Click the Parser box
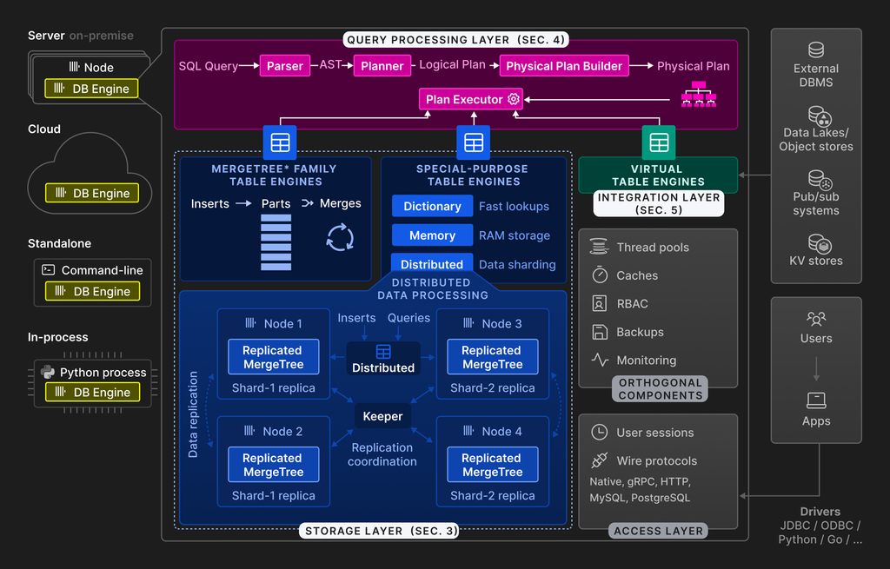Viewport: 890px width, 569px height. (x=285, y=66)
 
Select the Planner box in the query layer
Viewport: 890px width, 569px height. (x=382, y=66)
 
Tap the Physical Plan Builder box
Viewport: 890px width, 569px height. (x=564, y=66)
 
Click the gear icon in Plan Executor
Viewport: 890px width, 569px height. (x=514, y=99)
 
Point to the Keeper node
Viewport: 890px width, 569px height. (x=382, y=416)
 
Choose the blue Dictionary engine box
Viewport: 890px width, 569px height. (x=432, y=206)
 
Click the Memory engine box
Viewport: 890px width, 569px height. (x=432, y=235)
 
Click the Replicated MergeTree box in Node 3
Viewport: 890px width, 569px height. (x=492, y=357)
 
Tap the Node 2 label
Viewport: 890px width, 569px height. (x=282, y=431)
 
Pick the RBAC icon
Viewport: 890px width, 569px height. (x=599, y=303)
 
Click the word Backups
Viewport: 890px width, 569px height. (x=640, y=332)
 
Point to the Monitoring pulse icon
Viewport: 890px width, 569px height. (x=599, y=359)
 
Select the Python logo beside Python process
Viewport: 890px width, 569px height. (x=48, y=373)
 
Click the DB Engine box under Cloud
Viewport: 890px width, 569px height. (x=92, y=194)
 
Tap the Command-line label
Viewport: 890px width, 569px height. (x=102, y=270)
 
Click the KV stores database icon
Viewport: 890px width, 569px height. (x=816, y=243)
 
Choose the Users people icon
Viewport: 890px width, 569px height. (x=816, y=319)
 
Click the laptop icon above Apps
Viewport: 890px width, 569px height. (x=816, y=400)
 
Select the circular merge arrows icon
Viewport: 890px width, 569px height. (x=340, y=237)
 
